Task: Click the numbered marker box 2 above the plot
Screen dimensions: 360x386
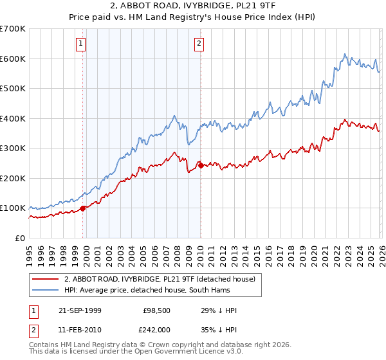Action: pyautogui.click(x=199, y=44)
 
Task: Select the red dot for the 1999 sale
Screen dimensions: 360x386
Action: pyautogui.click(x=82, y=208)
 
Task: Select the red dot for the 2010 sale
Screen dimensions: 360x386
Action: pyautogui.click(x=200, y=165)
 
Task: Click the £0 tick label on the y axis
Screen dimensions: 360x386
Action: pyautogui.click(x=21, y=239)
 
